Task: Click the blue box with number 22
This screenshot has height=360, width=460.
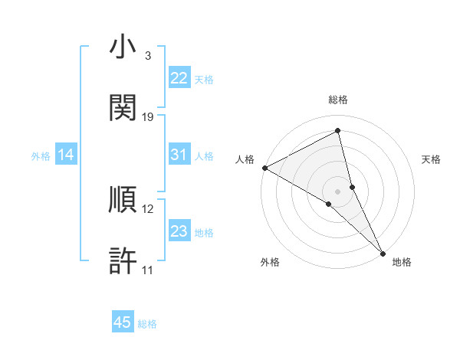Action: coord(179,78)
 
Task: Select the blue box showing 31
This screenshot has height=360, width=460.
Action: coord(179,155)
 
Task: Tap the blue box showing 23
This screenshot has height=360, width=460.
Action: coord(179,231)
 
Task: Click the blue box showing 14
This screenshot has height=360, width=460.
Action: coord(66,155)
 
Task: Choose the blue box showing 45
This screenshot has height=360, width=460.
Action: coord(123,322)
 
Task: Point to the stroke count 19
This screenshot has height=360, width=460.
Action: coord(148,116)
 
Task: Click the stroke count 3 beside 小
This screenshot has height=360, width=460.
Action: coord(147,56)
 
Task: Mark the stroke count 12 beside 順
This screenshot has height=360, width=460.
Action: coord(148,208)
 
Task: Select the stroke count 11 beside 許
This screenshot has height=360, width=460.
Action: coord(148,270)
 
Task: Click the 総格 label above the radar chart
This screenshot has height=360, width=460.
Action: coord(338,100)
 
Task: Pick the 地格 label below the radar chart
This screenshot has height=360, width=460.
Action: coord(402,262)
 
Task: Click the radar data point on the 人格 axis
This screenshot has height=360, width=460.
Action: coord(264,168)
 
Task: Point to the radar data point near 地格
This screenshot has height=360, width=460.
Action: coord(383,252)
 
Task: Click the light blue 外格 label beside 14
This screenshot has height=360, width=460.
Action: coord(41,155)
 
